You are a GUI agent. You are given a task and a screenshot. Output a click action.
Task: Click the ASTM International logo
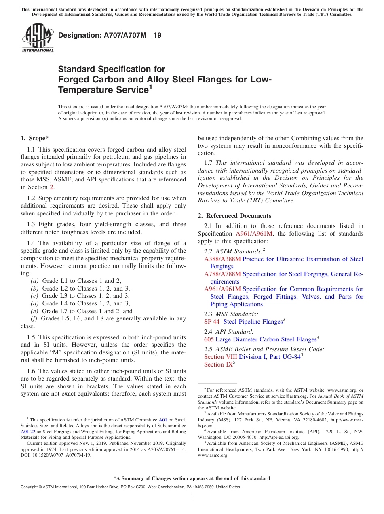click(x=38, y=39)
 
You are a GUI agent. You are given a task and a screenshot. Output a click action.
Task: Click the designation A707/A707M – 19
click(x=110, y=36)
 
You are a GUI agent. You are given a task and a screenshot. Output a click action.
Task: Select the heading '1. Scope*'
click(x=35, y=138)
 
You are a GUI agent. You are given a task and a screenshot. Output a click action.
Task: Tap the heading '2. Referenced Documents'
click(x=234, y=216)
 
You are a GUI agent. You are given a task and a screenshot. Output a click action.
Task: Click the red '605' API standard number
click(x=209, y=340)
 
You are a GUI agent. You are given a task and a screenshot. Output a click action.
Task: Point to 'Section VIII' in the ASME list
click(x=221, y=357)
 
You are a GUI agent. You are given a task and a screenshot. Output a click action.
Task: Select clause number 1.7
click(x=208, y=163)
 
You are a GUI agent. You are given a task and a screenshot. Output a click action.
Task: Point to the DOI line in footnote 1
click(x=56, y=455)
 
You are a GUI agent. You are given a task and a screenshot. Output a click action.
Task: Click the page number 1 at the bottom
click(x=192, y=497)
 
